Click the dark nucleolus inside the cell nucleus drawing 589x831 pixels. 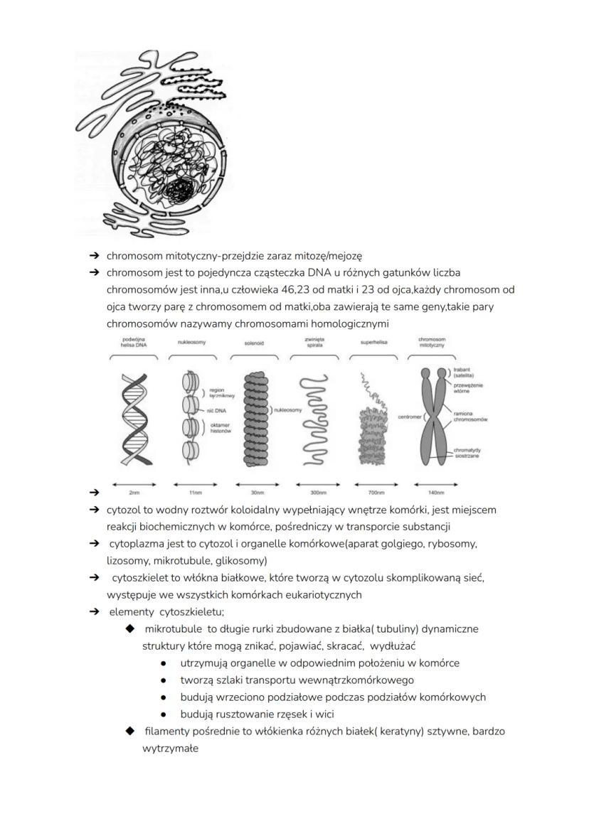[181, 190]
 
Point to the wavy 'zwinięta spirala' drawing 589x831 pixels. [313, 419]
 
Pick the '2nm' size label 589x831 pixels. [134, 492]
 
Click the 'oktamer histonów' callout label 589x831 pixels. [221, 429]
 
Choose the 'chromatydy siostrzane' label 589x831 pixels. [467, 453]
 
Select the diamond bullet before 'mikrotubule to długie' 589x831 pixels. [130, 629]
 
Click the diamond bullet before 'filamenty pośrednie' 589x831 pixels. [130, 731]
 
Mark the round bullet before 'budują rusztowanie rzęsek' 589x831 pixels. [164, 714]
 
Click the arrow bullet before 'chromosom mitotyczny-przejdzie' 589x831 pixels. [93, 255]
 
